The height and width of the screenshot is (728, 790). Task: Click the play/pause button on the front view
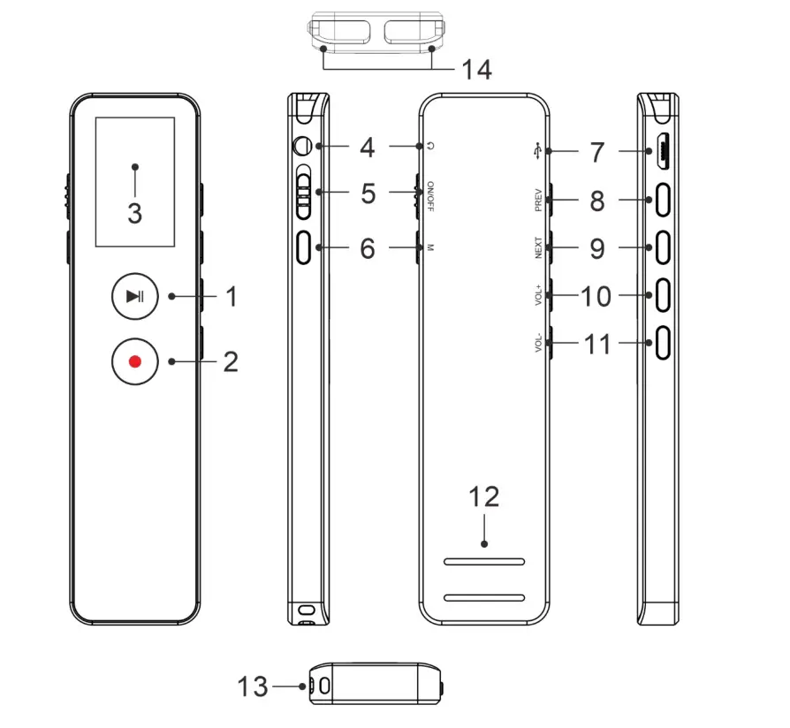point(134,296)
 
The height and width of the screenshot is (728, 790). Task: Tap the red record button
point(134,360)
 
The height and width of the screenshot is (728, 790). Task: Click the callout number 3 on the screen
point(134,213)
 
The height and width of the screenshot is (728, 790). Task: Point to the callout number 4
point(368,147)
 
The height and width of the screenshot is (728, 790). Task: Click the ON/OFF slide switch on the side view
point(305,193)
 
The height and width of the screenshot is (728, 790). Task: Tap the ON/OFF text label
point(430,195)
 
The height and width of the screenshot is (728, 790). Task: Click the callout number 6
point(368,249)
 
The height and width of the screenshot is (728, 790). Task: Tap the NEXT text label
point(537,249)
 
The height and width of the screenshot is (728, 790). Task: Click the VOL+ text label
point(537,295)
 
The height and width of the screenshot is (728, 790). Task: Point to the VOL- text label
point(537,342)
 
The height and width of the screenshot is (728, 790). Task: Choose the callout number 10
point(596,296)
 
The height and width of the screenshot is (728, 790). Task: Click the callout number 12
point(485,497)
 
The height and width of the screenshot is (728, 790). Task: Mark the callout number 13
point(254,686)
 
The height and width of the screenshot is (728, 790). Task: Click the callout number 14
point(476,70)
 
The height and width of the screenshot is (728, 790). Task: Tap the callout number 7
point(597,152)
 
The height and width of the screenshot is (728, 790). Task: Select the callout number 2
point(230,361)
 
